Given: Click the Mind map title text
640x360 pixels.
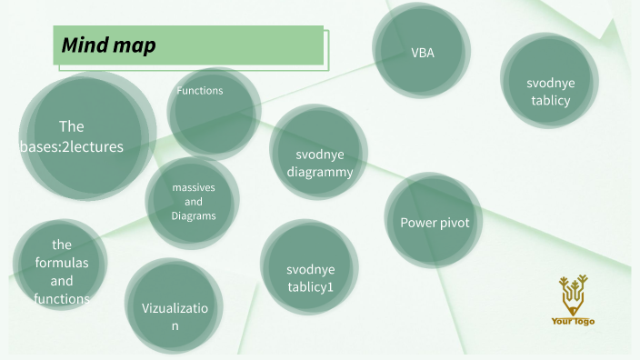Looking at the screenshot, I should [109, 45].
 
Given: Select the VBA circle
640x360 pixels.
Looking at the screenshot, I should [423, 52].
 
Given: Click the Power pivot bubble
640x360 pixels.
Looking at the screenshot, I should [434, 222].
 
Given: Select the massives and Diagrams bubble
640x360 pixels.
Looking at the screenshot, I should [193, 202].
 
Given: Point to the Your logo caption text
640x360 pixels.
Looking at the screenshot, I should [573, 321].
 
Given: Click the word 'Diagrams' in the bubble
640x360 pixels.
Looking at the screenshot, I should [193, 216].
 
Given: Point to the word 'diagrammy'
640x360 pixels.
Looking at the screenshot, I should [319, 170].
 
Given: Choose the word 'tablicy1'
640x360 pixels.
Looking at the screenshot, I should [310, 287].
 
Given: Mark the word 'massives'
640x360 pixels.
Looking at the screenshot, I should [193, 186].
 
